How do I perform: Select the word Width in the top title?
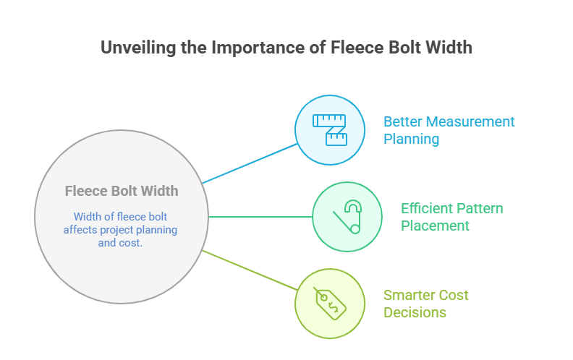click(449, 48)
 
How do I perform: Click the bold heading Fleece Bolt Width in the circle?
click(122, 192)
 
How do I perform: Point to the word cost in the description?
click(133, 243)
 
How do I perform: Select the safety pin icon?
click(347, 217)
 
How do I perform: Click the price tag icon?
click(329, 303)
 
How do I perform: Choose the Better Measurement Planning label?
click(449, 130)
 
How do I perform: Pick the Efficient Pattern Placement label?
click(451, 217)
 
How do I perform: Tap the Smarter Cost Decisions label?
click(425, 304)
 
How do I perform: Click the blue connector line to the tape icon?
click(250, 163)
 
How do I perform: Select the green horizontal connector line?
click(260, 217)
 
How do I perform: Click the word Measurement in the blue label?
click(470, 121)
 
